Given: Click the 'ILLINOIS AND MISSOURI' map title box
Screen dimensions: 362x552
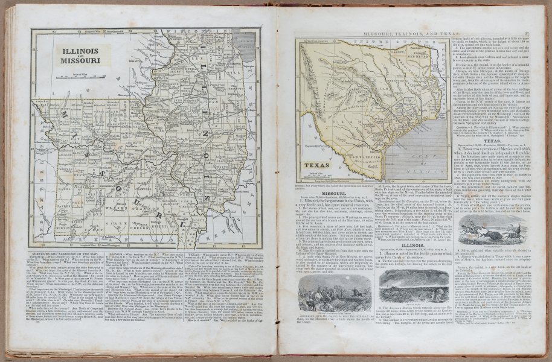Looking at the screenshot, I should pyautogui.click(x=80, y=57).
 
